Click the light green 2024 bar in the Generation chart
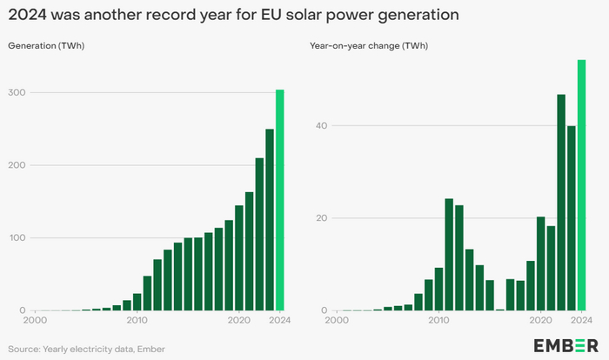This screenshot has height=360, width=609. pyautogui.click(x=280, y=200)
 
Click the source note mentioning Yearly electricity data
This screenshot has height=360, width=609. pyautogui.click(x=86, y=349)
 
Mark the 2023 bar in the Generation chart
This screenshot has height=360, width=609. pyautogui.click(x=270, y=220)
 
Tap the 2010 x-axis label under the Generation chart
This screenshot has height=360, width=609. pyautogui.click(x=137, y=320)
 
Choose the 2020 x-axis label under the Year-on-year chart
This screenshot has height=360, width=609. pyautogui.click(x=540, y=320)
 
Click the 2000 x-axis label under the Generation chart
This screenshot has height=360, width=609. pyautogui.click(x=35, y=320)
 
